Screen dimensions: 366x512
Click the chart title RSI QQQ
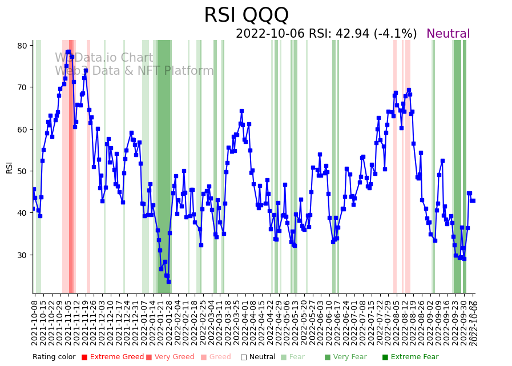click(246, 15)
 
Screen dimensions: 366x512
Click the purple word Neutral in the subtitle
click(448, 34)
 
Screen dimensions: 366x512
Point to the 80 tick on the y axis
click(23, 46)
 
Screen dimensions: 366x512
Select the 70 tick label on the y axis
click(23, 87)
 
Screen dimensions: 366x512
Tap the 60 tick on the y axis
click(23, 130)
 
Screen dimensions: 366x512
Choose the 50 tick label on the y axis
click(23, 171)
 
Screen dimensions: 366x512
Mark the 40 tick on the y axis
click(23, 213)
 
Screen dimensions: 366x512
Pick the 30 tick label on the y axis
click(23, 255)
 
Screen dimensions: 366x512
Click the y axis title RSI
click(9, 167)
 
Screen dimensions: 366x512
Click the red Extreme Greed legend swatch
click(84, 357)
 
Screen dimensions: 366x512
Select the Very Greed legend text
click(174, 357)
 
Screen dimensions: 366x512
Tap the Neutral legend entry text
click(262, 357)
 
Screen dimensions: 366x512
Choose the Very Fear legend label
click(350, 357)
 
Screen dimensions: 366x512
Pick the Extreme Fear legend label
click(414, 357)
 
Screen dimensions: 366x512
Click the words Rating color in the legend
click(54, 357)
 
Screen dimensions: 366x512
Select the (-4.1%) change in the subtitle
click(396, 34)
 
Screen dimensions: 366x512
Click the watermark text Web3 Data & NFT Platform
click(134, 71)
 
